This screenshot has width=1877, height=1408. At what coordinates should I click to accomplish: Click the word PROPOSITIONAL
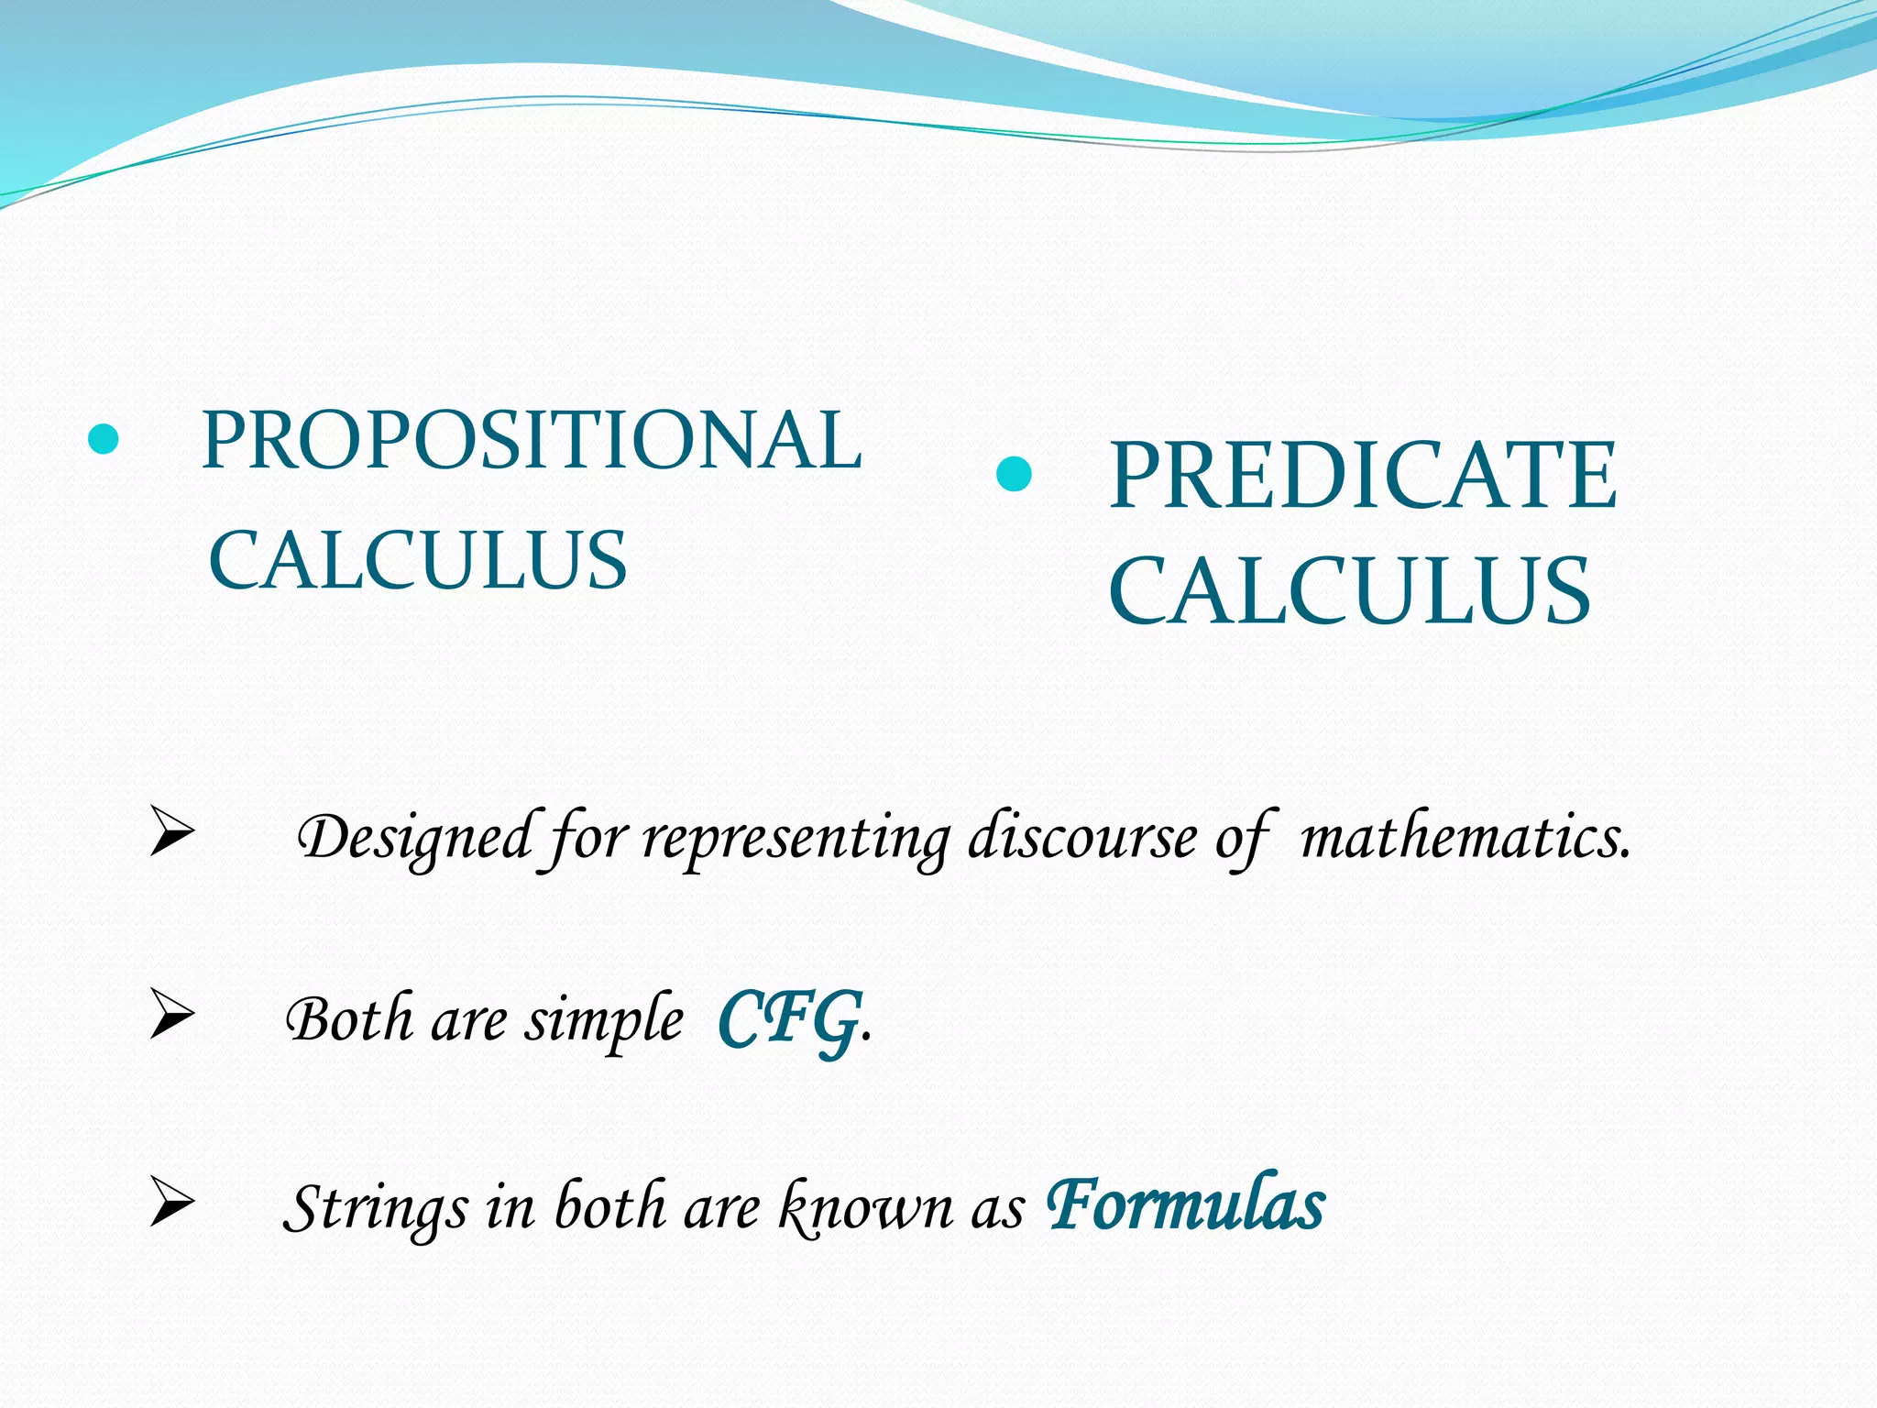(532, 441)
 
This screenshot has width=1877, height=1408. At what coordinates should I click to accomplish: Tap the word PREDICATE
(1363, 476)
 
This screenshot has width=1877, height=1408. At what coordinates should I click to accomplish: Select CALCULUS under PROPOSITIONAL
(418, 560)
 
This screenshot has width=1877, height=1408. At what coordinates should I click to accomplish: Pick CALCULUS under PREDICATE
(1349, 592)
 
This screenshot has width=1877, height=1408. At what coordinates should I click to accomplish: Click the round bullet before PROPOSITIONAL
(104, 440)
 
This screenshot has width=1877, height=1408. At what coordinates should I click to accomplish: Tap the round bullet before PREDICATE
(1014, 474)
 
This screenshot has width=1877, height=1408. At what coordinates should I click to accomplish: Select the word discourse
(1082, 837)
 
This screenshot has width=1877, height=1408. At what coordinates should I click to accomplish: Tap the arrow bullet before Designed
(172, 833)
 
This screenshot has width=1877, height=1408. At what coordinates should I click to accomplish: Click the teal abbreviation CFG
(790, 1019)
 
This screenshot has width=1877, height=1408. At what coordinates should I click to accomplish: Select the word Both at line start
(349, 1019)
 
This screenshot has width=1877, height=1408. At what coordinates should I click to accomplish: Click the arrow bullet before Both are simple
(172, 1016)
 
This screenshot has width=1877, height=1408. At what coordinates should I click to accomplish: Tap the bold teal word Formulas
(1186, 1204)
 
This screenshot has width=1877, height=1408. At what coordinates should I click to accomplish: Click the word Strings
(376, 1209)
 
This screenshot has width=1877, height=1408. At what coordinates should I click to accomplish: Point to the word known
(865, 1207)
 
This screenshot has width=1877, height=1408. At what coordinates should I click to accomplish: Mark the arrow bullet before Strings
(172, 1203)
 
